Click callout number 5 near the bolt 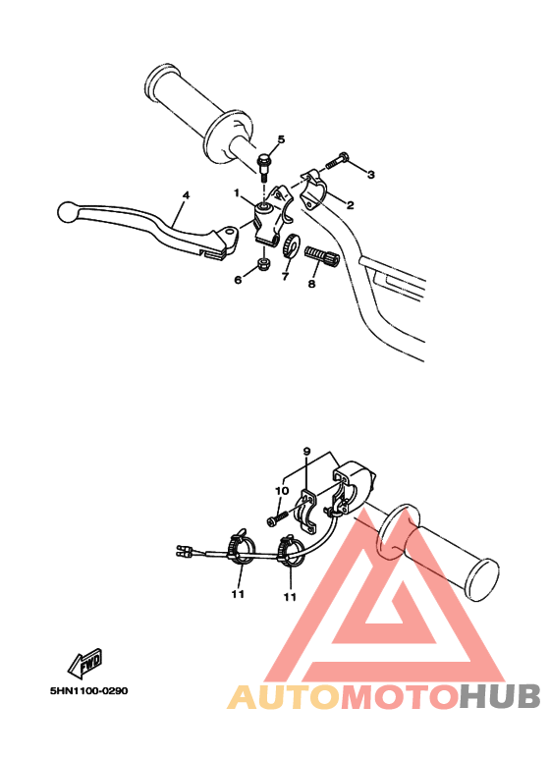[280, 139]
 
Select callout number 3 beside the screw [371, 175]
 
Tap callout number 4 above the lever [184, 195]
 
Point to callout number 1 [237, 192]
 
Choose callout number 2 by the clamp [350, 205]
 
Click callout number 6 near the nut [237, 280]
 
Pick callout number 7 [285, 278]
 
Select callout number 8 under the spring [312, 284]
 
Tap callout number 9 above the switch [306, 453]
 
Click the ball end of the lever [67, 209]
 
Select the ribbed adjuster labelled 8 [322, 260]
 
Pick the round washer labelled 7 [291, 247]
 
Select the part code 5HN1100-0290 [88, 690]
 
